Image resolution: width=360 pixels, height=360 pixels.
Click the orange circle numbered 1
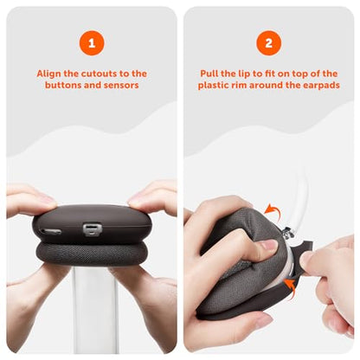pyautogui.click(x=92, y=43)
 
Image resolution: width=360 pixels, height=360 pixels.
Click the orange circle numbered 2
pyautogui.click(x=268, y=43)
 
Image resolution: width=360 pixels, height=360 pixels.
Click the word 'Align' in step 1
pyautogui.click(x=48, y=74)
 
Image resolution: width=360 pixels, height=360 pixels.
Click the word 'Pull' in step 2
pyautogui.click(x=209, y=74)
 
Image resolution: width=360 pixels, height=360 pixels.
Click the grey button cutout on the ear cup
pyautogui.click(x=93, y=229)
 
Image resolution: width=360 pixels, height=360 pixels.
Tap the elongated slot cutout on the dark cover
pyautogui.click(x=51, y=231)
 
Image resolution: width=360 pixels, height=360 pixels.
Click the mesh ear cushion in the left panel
pyautogui.click(x=92, y=254)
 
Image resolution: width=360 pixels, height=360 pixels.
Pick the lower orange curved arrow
pyautogui.click(x=290, y=286)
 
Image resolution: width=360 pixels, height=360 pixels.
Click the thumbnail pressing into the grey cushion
pyautogui.click(x=269, y=246)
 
